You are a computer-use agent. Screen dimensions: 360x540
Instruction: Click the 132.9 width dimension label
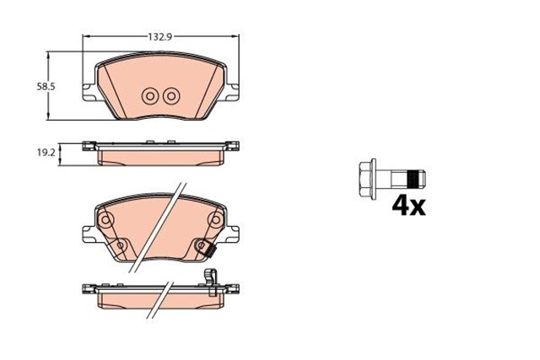[160, 37]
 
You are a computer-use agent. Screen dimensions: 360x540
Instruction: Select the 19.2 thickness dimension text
[46, 153]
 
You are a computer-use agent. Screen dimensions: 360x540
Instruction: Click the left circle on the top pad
[151, 95]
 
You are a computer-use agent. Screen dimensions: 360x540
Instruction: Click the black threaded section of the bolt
[413, 179]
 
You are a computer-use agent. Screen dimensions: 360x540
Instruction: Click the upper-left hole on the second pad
[106, 222]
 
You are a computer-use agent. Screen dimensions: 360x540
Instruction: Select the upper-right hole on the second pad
[215, 222]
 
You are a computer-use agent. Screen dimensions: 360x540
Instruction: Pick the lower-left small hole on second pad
[120, 245]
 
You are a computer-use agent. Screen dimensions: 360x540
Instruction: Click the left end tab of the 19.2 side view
[88, 146]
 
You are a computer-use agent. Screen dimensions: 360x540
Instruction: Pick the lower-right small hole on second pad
[202, 245]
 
